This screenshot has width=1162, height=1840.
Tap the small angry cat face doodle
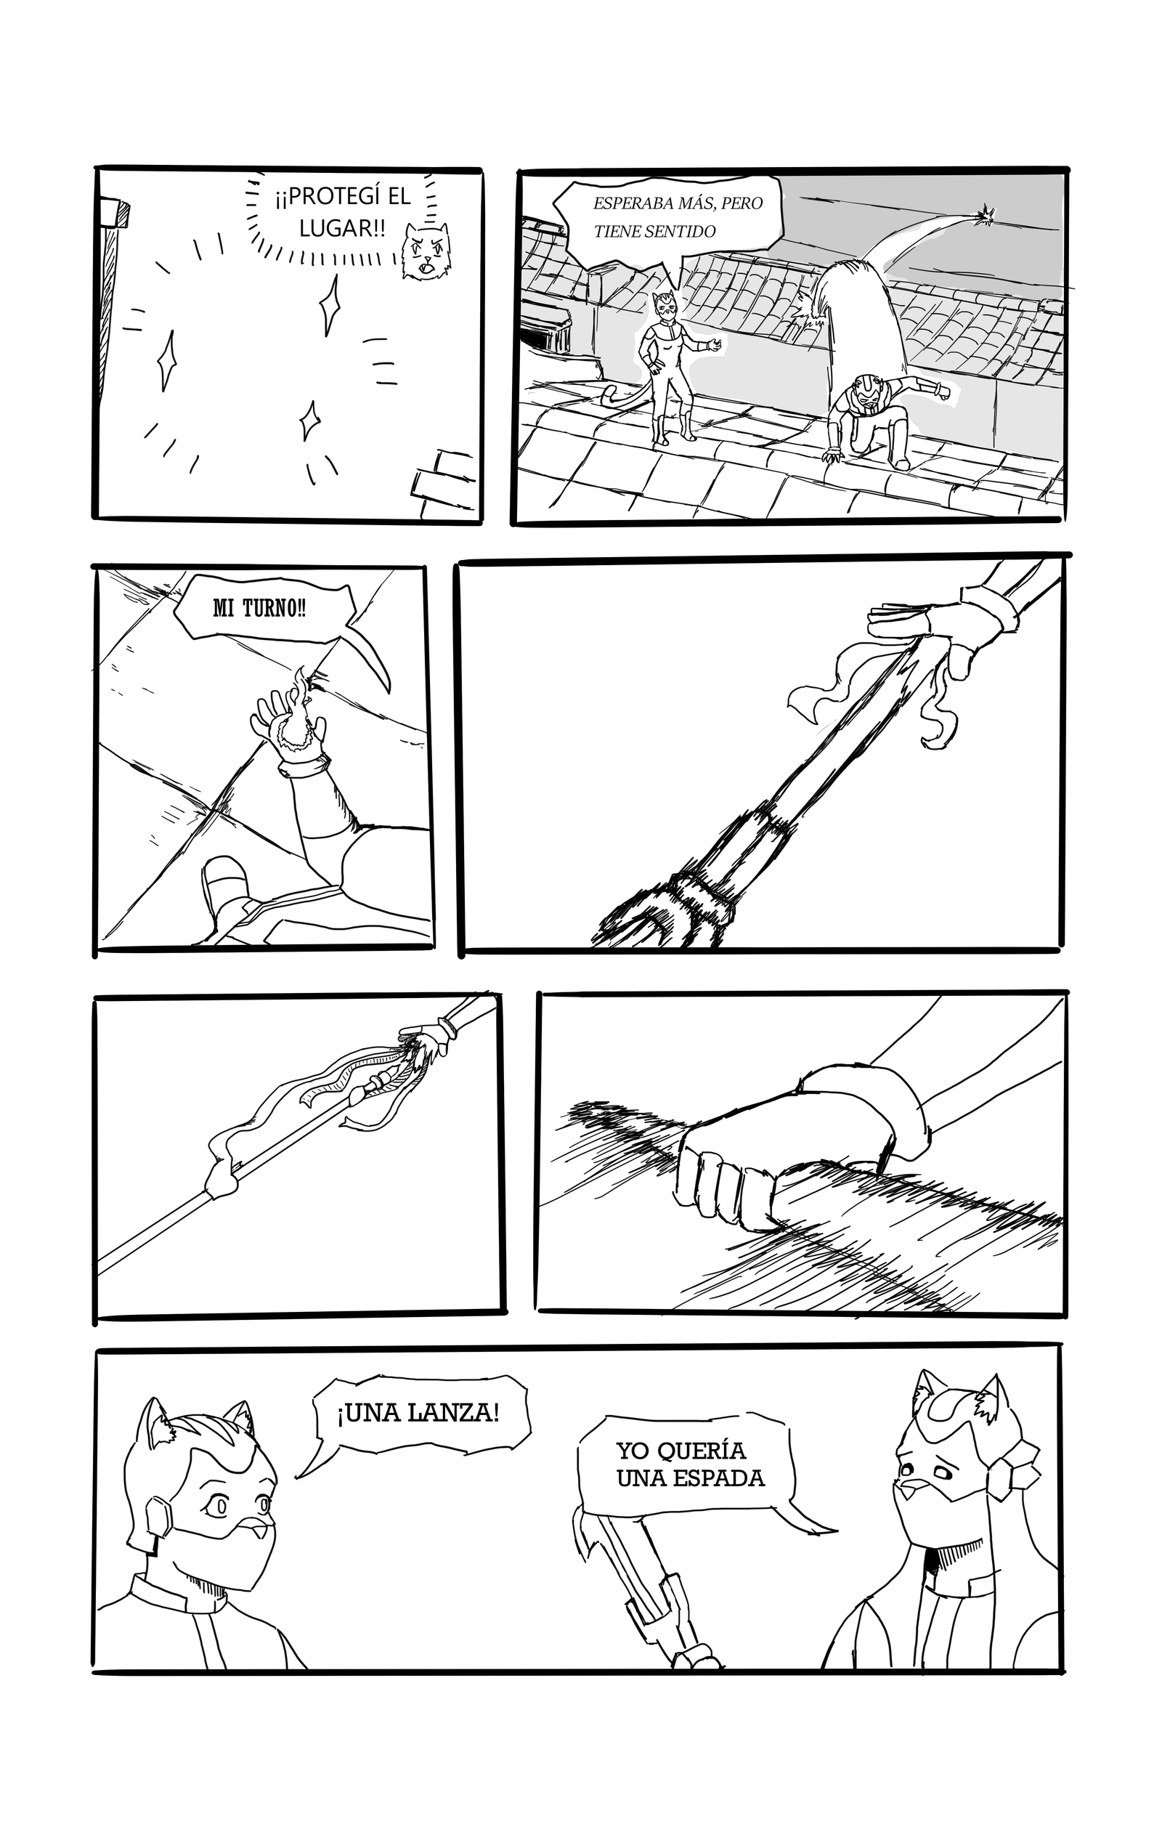425,251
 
